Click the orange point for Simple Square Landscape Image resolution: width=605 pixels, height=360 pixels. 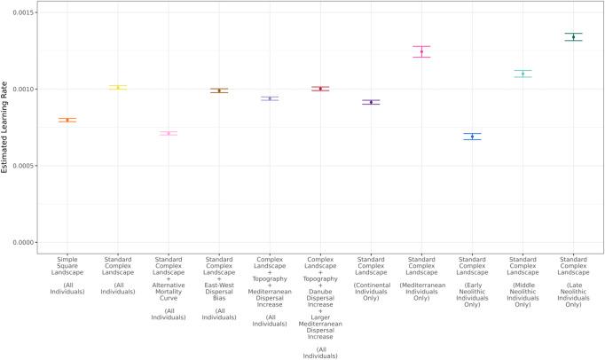(67, 120)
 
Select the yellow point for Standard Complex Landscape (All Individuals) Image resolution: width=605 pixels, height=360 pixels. (118, 87)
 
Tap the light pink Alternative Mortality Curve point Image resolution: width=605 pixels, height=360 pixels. (169, 133)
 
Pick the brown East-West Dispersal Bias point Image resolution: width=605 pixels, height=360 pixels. (219, 90)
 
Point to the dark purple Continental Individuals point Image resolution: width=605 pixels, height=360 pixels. (371, 102)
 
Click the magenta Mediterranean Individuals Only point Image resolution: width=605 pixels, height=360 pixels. (421, 51)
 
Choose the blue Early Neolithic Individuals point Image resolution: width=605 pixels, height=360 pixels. (472, 137)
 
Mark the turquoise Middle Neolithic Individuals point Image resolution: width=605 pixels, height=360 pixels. (522, 74)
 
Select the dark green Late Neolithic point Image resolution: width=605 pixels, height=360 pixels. (573, 36)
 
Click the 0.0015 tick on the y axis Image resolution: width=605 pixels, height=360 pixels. (28, 13)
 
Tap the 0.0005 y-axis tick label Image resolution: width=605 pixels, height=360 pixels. (28, 166)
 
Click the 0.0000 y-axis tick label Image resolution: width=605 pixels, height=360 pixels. (28, 242)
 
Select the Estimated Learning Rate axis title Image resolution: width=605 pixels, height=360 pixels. (7, 128)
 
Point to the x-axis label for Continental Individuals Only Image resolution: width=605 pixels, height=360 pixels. (371, 280)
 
